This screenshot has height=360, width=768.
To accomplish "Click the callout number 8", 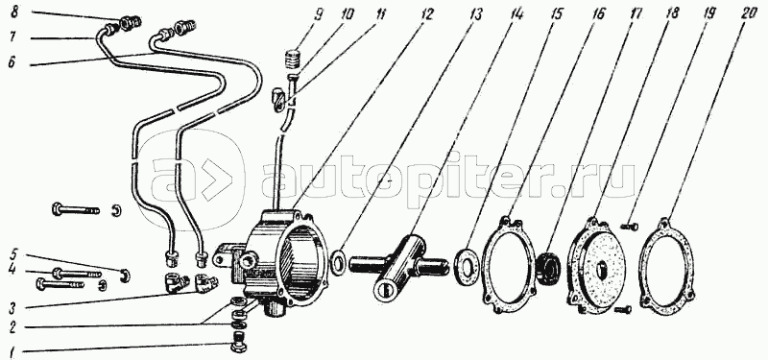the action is coord(14,12).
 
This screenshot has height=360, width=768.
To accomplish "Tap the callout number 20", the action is coord(750,14).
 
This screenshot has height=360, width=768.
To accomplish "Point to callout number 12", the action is coord(426,14).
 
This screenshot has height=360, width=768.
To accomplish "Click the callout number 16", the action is coord(597,14).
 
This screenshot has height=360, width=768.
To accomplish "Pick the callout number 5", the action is coord(14,255).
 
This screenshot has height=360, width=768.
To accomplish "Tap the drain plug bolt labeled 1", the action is coord(238,342).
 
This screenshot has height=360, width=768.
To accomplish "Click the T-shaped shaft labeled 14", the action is coord(396,266).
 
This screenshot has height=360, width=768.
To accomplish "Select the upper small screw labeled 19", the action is coord(630,227).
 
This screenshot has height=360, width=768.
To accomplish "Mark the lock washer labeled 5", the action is coord(126,276).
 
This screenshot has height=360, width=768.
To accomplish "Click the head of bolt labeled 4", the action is coord(57,273).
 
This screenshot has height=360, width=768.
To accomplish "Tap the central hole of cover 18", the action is coord(602,269).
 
